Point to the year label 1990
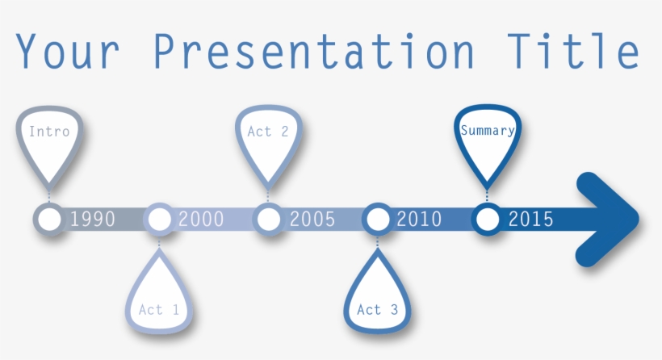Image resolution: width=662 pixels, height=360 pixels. [x=92, y=219]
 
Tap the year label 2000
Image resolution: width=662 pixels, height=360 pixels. [x=201, y=219]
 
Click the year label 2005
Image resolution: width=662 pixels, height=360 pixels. [x=312, y=219]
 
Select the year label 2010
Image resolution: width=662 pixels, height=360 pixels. [x=419, y=219]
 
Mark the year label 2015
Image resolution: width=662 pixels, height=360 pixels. [x=530, y=219]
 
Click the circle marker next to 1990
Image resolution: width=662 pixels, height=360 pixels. [x=49, y=219]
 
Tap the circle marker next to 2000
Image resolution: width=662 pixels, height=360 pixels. [x=159, y=219]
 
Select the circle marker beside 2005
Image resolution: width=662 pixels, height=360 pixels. [x=267, y=219]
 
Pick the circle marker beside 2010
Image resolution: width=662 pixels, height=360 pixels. [x=377, y=219]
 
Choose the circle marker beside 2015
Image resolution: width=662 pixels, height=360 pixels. [x=487, y=219]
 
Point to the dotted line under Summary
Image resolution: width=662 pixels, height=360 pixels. [x=487, y=195]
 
